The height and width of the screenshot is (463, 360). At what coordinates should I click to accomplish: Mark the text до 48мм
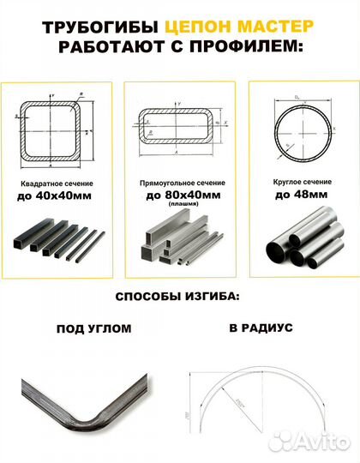tap(297, 196)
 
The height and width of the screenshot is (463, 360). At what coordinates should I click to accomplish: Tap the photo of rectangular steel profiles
tap(178, 243)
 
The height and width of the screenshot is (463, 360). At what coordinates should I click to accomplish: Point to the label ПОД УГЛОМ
tap(93, 328)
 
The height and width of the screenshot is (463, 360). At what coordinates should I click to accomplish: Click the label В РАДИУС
tap(261, 328)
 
